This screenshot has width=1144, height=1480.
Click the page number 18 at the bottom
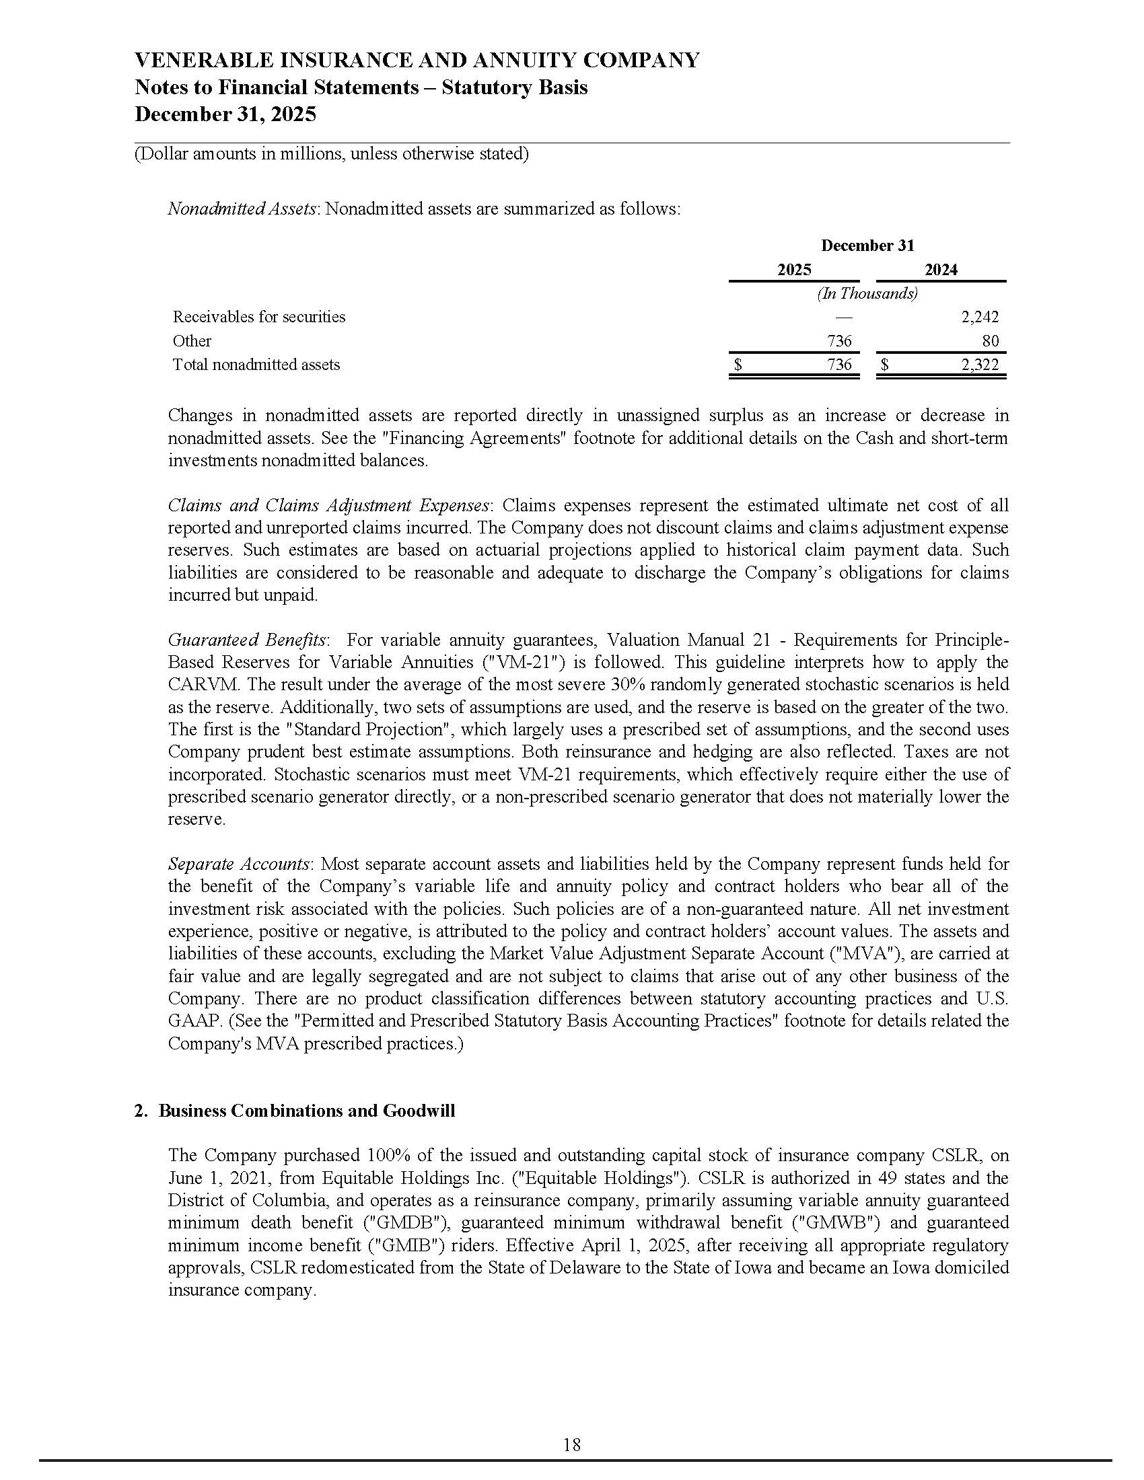571,1446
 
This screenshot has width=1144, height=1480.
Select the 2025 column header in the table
793,270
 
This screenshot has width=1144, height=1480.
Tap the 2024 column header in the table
941,270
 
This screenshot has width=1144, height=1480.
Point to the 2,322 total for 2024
979,365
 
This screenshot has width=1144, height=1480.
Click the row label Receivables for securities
259,316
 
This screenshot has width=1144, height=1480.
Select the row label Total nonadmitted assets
256,365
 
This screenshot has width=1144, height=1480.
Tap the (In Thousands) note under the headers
867,293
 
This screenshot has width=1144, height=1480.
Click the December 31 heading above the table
867,246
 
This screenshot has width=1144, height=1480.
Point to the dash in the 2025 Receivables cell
844,316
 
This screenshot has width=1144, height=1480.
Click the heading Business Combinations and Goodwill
306,1111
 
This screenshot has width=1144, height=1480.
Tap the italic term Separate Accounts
239,864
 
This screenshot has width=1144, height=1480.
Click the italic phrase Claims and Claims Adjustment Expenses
328,505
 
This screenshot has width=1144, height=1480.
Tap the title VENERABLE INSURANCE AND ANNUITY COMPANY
417,61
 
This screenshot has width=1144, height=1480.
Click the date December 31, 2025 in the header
225,114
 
